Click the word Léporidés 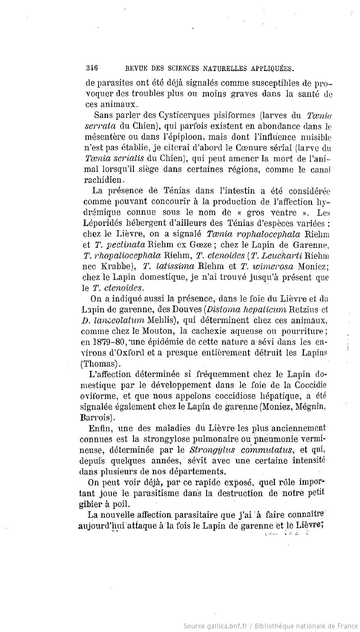point(103,223)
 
